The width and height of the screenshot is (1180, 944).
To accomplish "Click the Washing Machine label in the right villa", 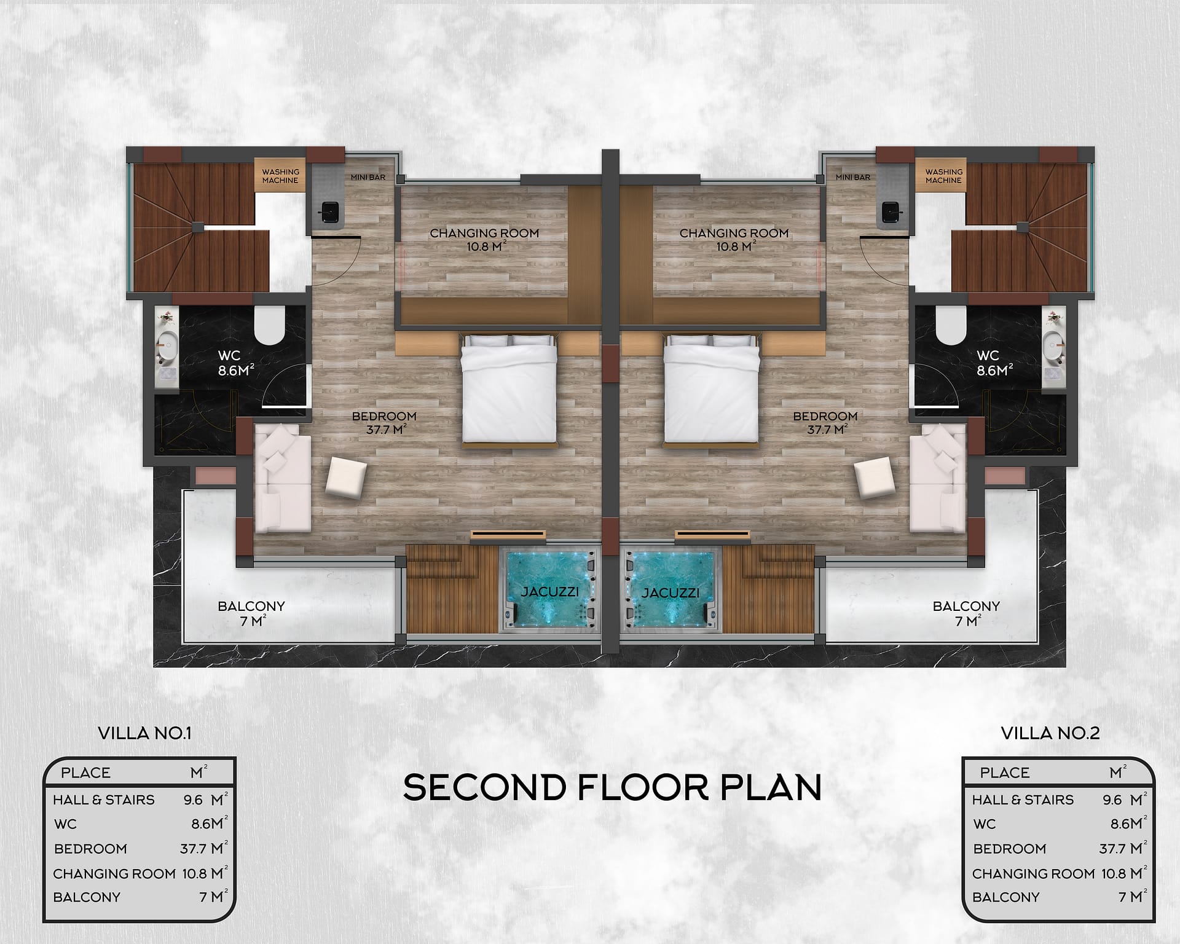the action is click(x=943, y=176).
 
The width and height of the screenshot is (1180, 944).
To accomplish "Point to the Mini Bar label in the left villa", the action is click(x=368, y=177).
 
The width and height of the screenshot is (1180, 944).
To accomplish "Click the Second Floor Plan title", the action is click(x=612, y=787).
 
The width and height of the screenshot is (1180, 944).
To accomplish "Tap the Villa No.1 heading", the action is click(x=145, y=733).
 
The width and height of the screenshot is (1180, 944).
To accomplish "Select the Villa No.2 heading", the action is click(x=1050, y=733).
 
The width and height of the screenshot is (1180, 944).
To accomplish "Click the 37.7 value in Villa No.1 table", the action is click(x=193, y=849).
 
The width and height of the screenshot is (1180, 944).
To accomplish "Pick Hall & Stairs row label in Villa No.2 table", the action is click(x=1023, y=800).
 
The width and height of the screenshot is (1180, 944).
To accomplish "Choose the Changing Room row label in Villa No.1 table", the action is click(x=114, y=873).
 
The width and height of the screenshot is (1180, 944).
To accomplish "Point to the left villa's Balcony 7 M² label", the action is click(x=251, y=613).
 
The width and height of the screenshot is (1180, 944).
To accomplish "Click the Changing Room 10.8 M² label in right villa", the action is click(x=734, y=240).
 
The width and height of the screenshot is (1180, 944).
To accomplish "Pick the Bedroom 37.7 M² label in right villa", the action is click(x=825, y=423).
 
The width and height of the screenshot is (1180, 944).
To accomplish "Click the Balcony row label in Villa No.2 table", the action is click(x=1005, y=897).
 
